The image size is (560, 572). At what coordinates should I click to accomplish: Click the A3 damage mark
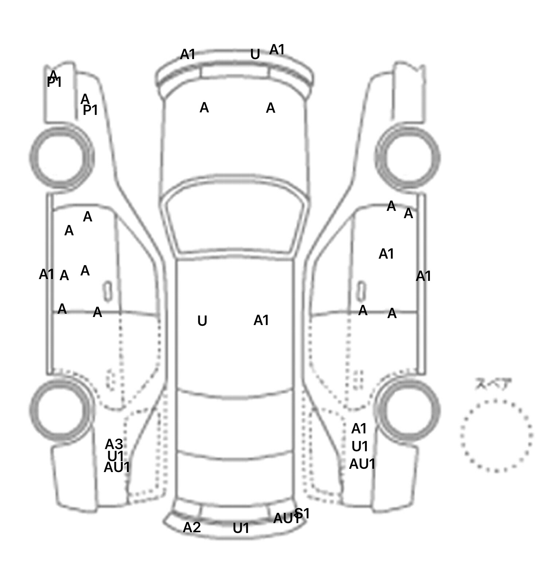point(114,444)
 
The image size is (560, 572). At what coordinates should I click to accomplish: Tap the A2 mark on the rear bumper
point(192,527)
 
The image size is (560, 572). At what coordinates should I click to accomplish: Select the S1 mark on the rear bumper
point(303,513)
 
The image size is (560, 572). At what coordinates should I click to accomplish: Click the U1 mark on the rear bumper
point(241,528)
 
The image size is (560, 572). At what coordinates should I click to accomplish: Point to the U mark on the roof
point(202,321)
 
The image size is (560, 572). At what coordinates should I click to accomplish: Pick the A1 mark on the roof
point(261,320)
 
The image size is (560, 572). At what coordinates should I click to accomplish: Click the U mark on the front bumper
point(255,55)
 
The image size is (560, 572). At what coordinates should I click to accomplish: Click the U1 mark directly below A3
point(116,456)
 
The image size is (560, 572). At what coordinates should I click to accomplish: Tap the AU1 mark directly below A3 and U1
point(117,467)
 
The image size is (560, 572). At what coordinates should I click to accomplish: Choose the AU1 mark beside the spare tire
point(362,464)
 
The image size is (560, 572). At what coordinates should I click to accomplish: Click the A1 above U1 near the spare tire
point(359,429)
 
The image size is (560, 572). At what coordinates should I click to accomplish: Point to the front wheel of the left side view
point(61,157)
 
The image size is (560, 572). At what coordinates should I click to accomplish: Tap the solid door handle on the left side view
point(108,291)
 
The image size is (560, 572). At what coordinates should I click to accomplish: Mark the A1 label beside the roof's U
point(261,320)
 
